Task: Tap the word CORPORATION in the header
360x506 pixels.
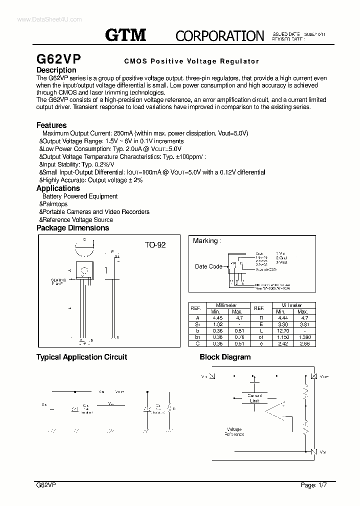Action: point(219,35)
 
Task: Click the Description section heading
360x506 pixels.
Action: point(56,70)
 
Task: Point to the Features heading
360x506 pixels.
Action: point(51,125)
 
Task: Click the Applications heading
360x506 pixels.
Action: point(58,188)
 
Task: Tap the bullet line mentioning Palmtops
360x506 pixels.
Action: point(54,204)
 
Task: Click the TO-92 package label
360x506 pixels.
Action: point(155,245)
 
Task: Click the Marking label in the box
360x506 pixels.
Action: point(205,241)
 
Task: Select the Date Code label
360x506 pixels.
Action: point(208,266)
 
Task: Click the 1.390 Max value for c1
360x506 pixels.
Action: point(304,337)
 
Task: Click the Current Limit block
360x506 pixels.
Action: point(254,398)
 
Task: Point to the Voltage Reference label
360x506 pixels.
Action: point(234,431)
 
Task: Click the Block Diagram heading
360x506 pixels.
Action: point(225,357)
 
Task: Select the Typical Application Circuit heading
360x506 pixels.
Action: point(81,357)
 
